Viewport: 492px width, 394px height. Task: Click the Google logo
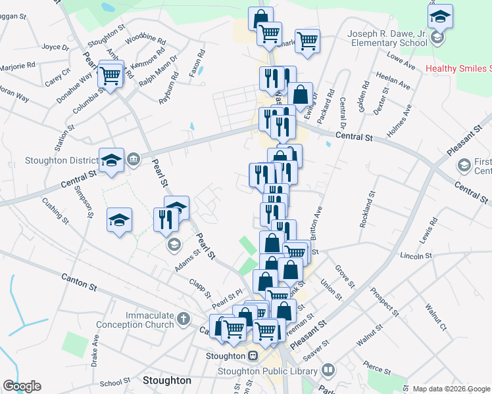click(22, 386)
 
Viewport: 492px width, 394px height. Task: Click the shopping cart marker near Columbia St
click(111, 75)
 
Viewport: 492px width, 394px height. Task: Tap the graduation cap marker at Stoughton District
click(111, 160)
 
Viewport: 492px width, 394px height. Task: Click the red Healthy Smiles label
click(458, 68)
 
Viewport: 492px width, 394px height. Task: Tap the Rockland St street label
click(367, 209)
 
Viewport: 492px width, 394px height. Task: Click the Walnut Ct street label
click(435, 317)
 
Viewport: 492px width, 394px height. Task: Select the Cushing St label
click(55, 209)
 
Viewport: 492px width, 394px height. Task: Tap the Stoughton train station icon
click(252, 356)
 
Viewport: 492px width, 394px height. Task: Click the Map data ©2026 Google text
click(451, 389)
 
